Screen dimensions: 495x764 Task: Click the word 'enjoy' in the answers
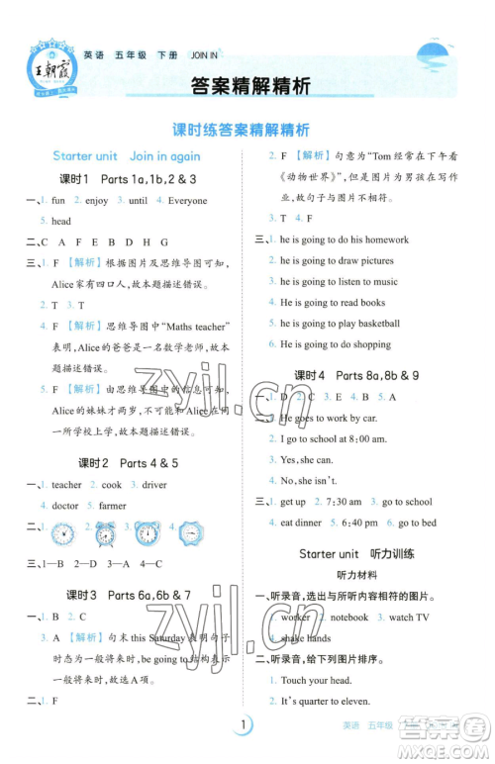coord(96,201)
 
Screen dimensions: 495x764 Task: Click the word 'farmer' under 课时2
coord(114,506)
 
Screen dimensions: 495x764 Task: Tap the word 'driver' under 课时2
coord(154,485)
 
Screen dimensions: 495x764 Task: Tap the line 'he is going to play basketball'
coord(340,324)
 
